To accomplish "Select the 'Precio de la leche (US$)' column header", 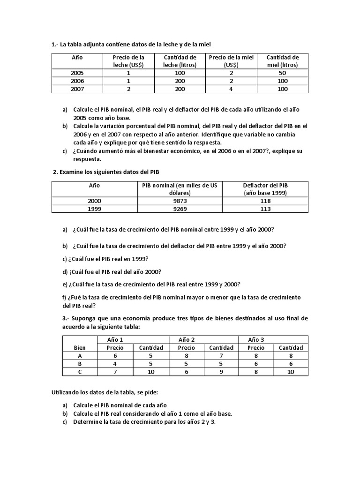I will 128,61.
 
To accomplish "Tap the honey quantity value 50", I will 282,73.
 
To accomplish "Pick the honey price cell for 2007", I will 231,89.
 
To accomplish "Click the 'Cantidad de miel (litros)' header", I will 282,61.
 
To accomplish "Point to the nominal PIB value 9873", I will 180,201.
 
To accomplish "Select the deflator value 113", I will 265,209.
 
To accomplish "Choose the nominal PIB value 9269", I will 180,209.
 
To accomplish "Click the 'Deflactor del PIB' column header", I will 265,189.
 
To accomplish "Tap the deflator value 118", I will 265,201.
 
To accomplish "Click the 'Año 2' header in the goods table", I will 187,339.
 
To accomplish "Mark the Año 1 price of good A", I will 115,356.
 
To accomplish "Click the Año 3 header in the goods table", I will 256,339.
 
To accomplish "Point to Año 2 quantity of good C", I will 221,372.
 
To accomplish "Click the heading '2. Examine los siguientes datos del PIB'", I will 110,172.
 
